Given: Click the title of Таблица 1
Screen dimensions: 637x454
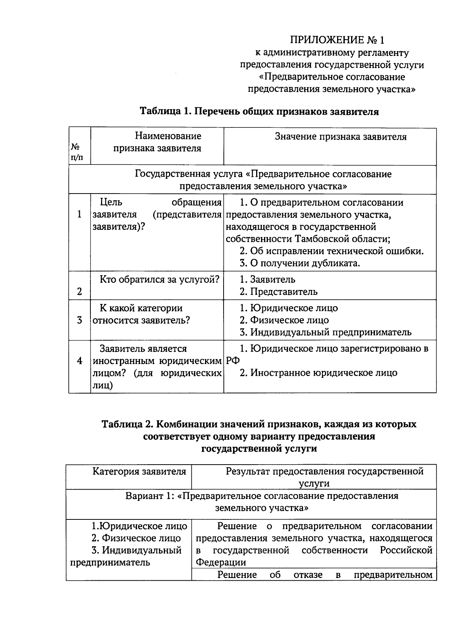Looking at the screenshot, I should point(259,112).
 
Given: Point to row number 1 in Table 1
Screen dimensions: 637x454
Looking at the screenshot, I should point(79,215).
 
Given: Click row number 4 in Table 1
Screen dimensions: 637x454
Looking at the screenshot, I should point(79,361).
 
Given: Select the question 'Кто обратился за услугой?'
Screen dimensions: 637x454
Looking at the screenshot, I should point(160,280).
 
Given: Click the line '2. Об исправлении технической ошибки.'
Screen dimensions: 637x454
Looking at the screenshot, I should point(332,251).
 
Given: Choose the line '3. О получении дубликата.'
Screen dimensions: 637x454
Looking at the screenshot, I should point(300,263).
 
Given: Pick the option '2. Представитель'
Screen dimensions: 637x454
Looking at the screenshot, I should point(279,292).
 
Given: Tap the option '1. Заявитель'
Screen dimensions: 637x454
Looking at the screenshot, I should point(267,280).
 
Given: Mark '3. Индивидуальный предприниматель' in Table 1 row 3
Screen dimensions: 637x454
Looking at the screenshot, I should point(326,332).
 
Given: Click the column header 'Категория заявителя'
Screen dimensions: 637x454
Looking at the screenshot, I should point(139,471).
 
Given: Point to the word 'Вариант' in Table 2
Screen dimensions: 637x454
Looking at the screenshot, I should point(143,496).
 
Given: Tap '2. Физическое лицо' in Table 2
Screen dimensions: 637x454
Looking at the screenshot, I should point(136,538).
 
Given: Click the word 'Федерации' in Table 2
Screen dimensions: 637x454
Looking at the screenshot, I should point(221,562).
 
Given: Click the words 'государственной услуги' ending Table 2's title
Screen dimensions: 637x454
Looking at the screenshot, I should point(259,449).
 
